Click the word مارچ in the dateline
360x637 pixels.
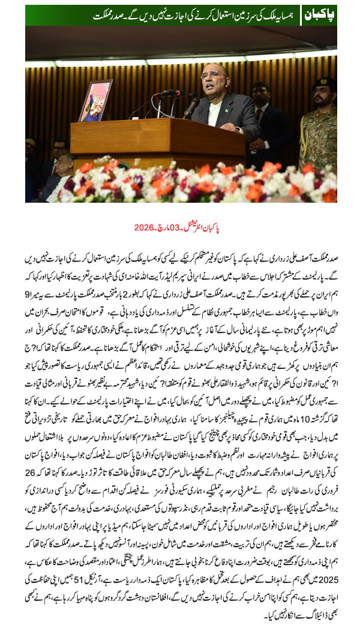pos(160,228)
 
